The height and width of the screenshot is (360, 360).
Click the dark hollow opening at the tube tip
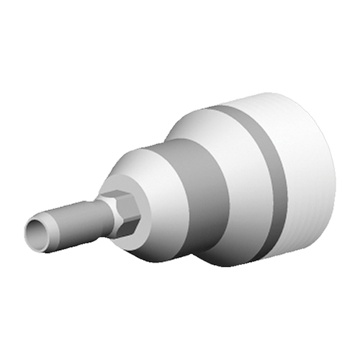pos(32,233)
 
